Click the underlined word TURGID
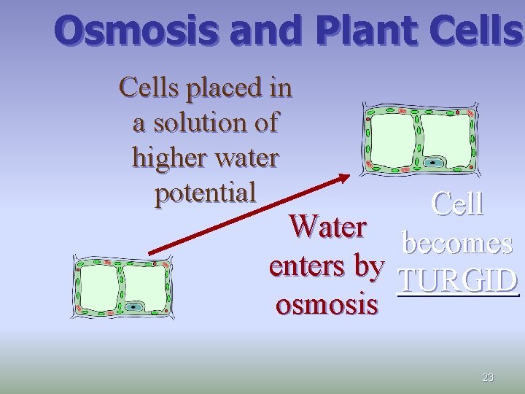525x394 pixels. [x=457, y=282]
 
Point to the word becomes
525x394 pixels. [x=457, y=243]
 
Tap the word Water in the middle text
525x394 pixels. [x=327, y=227]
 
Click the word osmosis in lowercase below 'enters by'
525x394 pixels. [x=327, y=304]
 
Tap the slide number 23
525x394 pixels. [x=488, y=377]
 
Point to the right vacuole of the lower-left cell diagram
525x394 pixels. [x=144, y=281]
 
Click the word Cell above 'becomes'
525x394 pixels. [x=457, y=204]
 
